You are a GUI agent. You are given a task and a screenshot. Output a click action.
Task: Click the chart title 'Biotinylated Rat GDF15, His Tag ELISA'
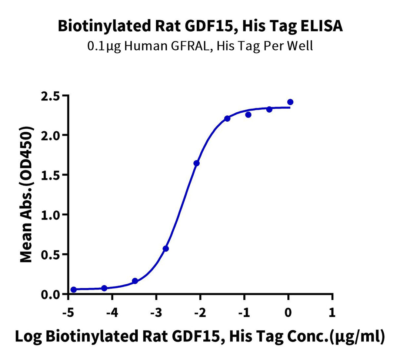[x=200, y=26]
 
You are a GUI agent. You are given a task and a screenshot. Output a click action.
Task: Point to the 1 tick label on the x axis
[x=333, y=313]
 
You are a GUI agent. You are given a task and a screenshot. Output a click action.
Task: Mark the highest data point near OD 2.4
[x=290, y=102]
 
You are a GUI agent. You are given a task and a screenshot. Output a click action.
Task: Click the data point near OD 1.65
[x=197, y=163]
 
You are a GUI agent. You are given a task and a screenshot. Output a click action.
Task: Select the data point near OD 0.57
[x=166, y=248]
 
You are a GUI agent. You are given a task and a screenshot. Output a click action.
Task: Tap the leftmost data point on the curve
[x=73, y=290]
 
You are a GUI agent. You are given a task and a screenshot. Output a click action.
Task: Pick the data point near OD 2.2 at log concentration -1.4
[x=227, y=118]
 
